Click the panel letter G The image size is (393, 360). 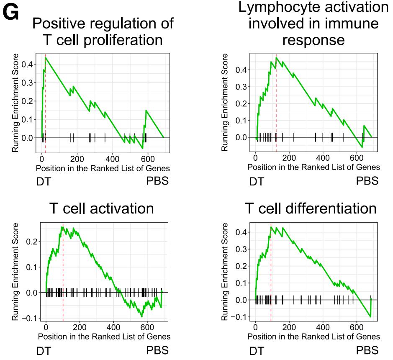[11, 13]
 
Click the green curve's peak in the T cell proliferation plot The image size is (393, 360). [45, 57]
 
